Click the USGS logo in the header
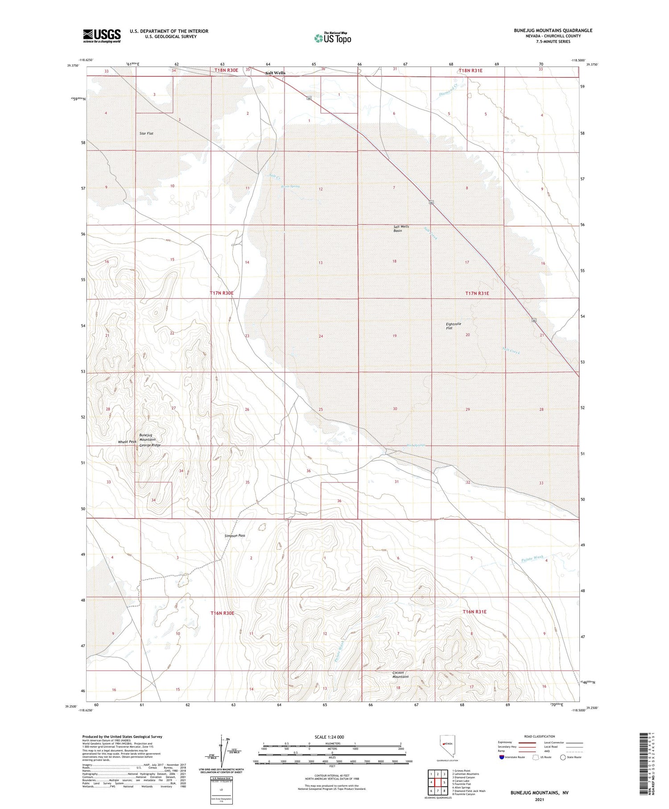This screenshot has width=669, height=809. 102,36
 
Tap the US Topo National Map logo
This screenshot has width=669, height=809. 332,38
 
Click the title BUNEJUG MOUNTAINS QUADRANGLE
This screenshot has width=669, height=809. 553,30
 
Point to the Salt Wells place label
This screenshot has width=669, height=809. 275,73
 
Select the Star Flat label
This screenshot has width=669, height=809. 146,133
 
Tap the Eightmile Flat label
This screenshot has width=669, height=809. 453,326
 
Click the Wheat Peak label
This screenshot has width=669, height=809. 127,442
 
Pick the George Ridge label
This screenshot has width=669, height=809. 150,445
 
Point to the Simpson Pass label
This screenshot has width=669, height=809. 235,535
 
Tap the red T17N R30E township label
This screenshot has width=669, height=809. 222,293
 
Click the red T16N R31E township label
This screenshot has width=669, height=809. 475,612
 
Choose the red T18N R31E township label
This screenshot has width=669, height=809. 470,71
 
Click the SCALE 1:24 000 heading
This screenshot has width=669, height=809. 329,737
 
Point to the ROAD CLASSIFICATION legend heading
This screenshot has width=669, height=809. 540,736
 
